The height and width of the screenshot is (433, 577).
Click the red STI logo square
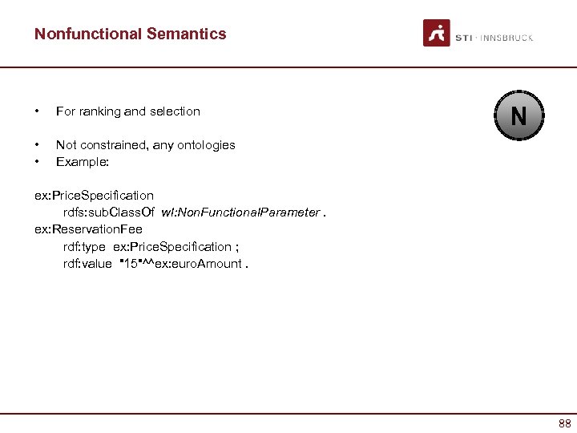437,33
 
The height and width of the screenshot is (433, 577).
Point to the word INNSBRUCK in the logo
507,38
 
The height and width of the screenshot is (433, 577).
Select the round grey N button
518,117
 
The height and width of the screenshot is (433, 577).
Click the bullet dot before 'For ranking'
37,111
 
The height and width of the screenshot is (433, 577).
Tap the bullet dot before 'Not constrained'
37,145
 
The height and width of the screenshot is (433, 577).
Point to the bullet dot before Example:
37,161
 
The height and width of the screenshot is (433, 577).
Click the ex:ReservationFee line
88,229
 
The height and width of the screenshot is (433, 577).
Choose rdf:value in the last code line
87,263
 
